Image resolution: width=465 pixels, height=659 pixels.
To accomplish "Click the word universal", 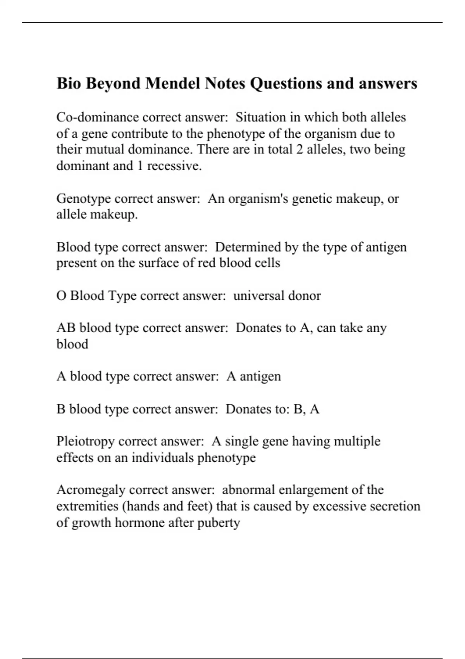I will click(x=259, y=296).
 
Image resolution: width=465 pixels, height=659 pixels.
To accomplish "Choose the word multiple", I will click(x=357, y=441).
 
